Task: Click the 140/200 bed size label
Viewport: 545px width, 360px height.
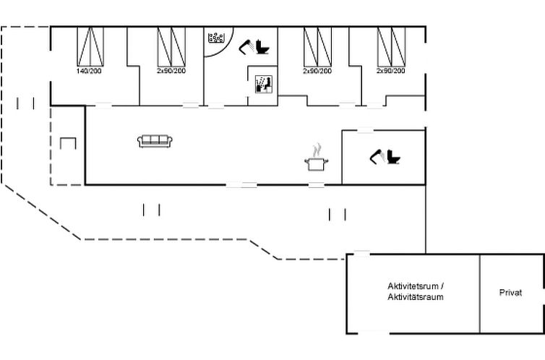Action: point(89,71)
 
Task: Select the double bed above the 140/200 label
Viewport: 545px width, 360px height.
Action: point(90,46)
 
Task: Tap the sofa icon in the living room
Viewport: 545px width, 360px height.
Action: point(155,141)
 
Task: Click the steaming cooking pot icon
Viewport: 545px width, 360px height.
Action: point(317,158)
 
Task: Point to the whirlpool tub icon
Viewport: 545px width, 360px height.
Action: point(217,38)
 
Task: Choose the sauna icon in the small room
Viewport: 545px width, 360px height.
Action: point(263,85)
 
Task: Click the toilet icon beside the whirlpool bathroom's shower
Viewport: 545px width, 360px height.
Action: point(262,47)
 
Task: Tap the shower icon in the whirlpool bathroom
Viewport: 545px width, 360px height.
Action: point(246,47)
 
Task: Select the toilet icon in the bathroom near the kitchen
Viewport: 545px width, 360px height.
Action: point(393,157)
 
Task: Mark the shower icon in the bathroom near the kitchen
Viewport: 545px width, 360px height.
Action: point(377,156)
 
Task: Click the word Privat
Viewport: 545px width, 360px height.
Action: point(510,293)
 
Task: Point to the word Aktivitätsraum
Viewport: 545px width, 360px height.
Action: point(416,297)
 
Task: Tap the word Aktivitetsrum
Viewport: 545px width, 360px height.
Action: point(413,286)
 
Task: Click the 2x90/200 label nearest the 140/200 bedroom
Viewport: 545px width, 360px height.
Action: point(171,71)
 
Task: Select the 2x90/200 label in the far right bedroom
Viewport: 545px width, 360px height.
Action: point(390,71)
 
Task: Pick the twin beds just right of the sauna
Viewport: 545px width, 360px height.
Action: point(318,47)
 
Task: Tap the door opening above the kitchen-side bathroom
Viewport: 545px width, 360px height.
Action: point(365,131)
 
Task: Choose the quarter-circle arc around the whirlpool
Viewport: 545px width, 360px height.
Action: point(226,48)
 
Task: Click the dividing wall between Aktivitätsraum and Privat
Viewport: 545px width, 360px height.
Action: point(480,294)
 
